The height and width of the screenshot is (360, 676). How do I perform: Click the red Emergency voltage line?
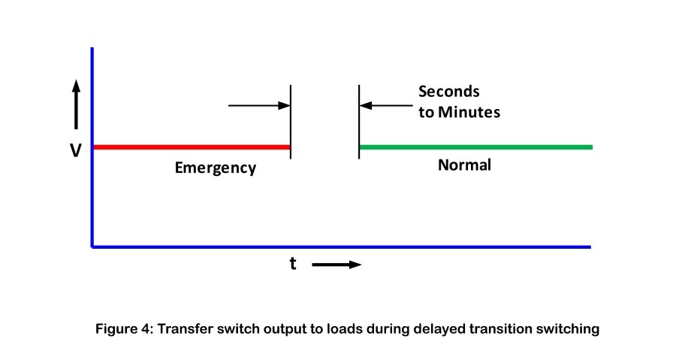[x=192, y=147]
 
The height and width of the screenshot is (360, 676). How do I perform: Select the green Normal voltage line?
[x=476, y=147]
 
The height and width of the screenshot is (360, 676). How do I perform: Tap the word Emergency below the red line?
[x=216, y=168]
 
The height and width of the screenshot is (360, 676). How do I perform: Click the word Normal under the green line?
[x=464, y=165]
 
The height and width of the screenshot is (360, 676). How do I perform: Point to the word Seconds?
[x=449, y=92]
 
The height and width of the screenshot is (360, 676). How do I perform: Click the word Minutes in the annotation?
[x=469, y=112]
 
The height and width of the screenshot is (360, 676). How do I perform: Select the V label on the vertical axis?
[x=75, y=150]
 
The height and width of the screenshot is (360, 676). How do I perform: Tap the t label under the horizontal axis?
[x=293, y=263]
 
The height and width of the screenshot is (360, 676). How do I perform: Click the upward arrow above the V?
[x=77, y=104]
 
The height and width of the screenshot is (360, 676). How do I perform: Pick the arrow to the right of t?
[x=336, y=265]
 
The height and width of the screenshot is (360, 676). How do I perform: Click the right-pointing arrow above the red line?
[x=260, y=105]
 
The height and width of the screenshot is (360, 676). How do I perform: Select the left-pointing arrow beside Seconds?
[x=386, y=105]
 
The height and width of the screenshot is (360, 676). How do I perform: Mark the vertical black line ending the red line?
[x=291, y=122]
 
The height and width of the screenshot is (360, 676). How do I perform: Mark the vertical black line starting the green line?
[x=359, y=122]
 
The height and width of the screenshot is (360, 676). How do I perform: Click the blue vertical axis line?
[x=92, y=147]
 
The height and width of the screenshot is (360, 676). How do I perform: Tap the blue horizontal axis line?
[x=341, y=247]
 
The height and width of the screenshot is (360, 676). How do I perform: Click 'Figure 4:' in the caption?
[x=124, y=329]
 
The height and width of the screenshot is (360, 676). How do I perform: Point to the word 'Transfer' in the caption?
[x=185, y=329]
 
